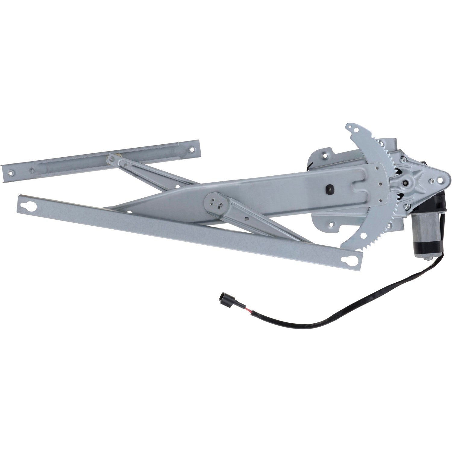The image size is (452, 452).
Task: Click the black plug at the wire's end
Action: click(x=223, y=299)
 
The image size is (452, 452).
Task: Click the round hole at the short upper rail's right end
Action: click(x=191, y=148)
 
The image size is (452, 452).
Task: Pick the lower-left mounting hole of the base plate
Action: click(x=331, y=224)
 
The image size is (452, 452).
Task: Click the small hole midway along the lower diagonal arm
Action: click(x=247, y=218)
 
